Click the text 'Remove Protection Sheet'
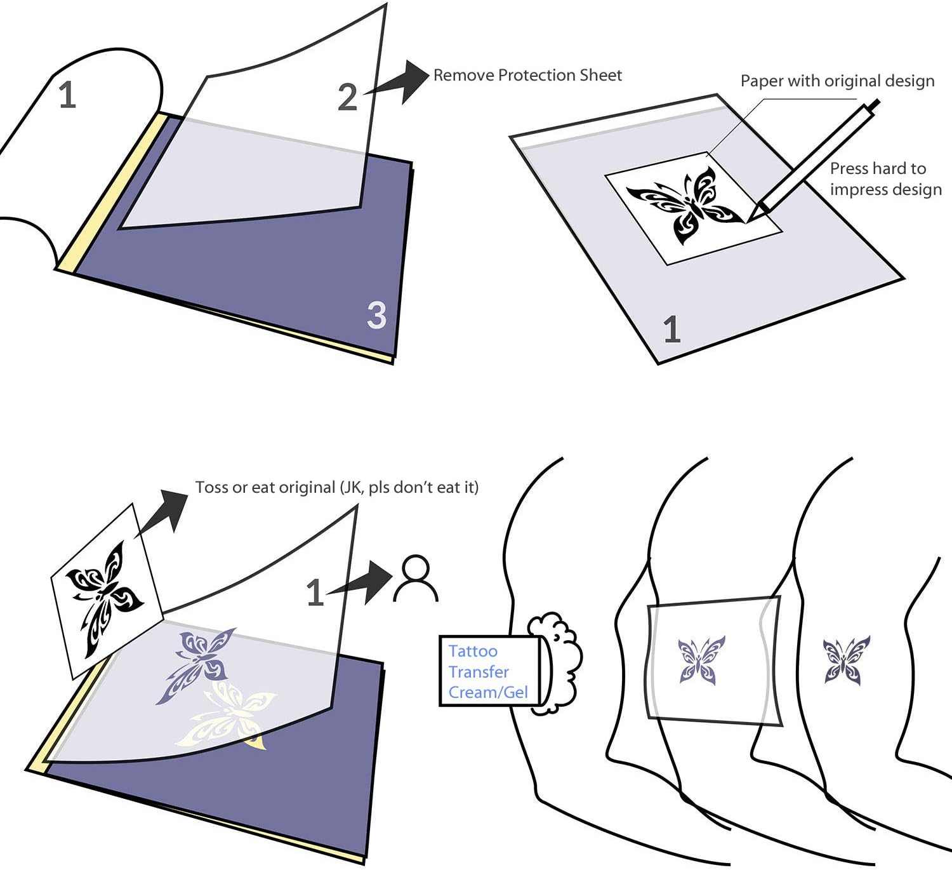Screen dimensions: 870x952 click(x=527, y=76)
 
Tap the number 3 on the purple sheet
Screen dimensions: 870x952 click(x=376, y=315)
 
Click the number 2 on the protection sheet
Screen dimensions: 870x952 click(x=347, y=97)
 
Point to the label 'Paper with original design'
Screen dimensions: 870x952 click(x=837, y=81)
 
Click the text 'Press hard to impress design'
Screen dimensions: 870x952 click(x=885, y=178)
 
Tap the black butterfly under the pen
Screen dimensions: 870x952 click(x=685, y=205)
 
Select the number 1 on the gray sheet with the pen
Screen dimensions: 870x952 click(x=671, y=330)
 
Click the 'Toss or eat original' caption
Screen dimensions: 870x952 click(x=336, y=487)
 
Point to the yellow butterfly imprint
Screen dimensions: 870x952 click(x=232, y=714)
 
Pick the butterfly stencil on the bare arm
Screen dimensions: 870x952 click(x=847, y=660)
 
